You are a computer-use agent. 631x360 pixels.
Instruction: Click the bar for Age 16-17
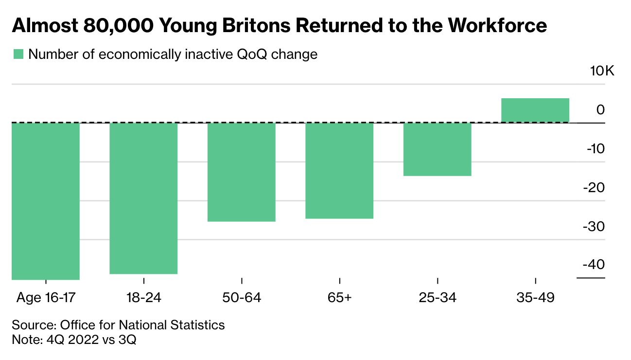[x=45, y=201]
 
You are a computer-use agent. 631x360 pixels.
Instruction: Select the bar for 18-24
[x=143, y=198]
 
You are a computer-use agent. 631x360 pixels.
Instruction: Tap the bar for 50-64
[x=242, y=172]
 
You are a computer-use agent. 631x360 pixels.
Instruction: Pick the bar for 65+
[x=339, y=170]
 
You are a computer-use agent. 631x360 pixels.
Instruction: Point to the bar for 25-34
[x=438, y=149]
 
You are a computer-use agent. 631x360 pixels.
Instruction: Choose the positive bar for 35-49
[x=535, y=110]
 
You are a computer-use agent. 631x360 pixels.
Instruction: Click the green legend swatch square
[x=18, y=54]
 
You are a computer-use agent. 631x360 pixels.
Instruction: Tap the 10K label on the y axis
[x=602, y=71]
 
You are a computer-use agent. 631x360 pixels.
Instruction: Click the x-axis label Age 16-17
[x=46, y=297]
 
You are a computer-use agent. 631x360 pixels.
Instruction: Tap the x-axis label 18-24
[x=143, y=297]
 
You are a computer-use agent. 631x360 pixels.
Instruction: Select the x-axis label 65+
[x=339, y=297]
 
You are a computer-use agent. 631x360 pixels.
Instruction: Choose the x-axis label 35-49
[x=535, y=297]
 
